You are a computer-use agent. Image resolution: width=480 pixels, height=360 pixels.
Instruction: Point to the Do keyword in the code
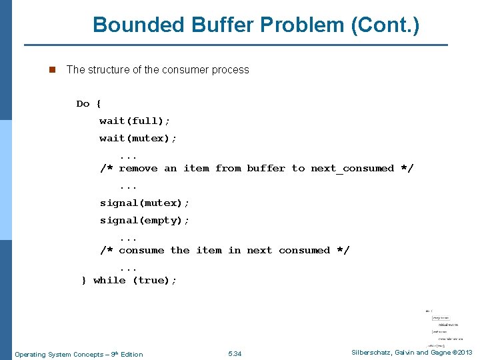tap(83, 103)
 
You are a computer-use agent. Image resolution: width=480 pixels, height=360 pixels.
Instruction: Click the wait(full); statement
tap(135, 121)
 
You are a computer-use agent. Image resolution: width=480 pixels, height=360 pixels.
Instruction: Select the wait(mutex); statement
tap(138, 138)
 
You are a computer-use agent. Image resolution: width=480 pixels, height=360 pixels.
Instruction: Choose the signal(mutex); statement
tap(145, 203)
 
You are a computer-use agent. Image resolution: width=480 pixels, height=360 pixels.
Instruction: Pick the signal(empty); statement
tap(145, 220)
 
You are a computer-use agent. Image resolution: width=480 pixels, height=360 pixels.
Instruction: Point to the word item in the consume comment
tap(209, 250)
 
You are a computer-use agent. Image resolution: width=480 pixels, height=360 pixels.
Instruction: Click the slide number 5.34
tap(235, 353)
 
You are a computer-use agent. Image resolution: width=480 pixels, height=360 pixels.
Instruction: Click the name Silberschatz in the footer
tap(373, 353)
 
